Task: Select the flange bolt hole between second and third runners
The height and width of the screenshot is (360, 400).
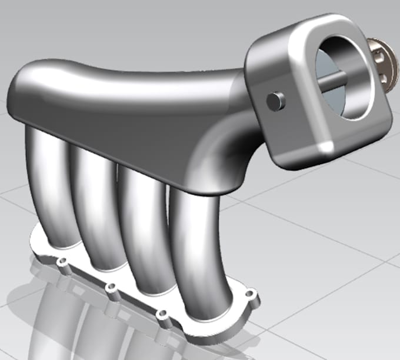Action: pos(110,288)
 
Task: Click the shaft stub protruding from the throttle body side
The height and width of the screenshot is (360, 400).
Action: pos(275,101)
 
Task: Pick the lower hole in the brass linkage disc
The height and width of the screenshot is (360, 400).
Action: pos(382,76)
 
